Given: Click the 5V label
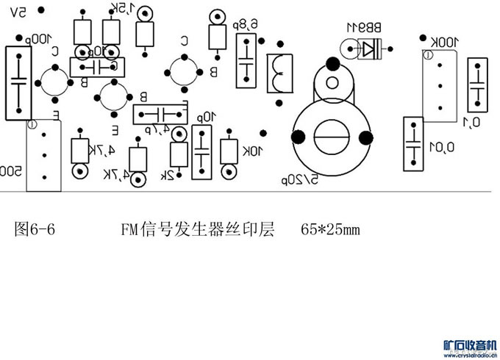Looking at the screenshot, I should [x=19, y=12].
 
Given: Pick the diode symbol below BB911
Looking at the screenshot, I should [x=369, y=49].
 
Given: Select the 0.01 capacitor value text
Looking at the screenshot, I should [x=443, y=148].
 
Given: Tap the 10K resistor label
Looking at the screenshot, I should [x=252, y=151].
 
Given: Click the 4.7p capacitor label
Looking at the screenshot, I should [x=157, y=129].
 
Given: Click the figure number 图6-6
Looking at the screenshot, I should [x=35, y=229].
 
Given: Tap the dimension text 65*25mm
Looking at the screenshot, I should [x=330, y=229].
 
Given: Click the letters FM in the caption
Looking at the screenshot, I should [x=130, y=229].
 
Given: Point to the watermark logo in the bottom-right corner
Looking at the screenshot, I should [x=471, y=347].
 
